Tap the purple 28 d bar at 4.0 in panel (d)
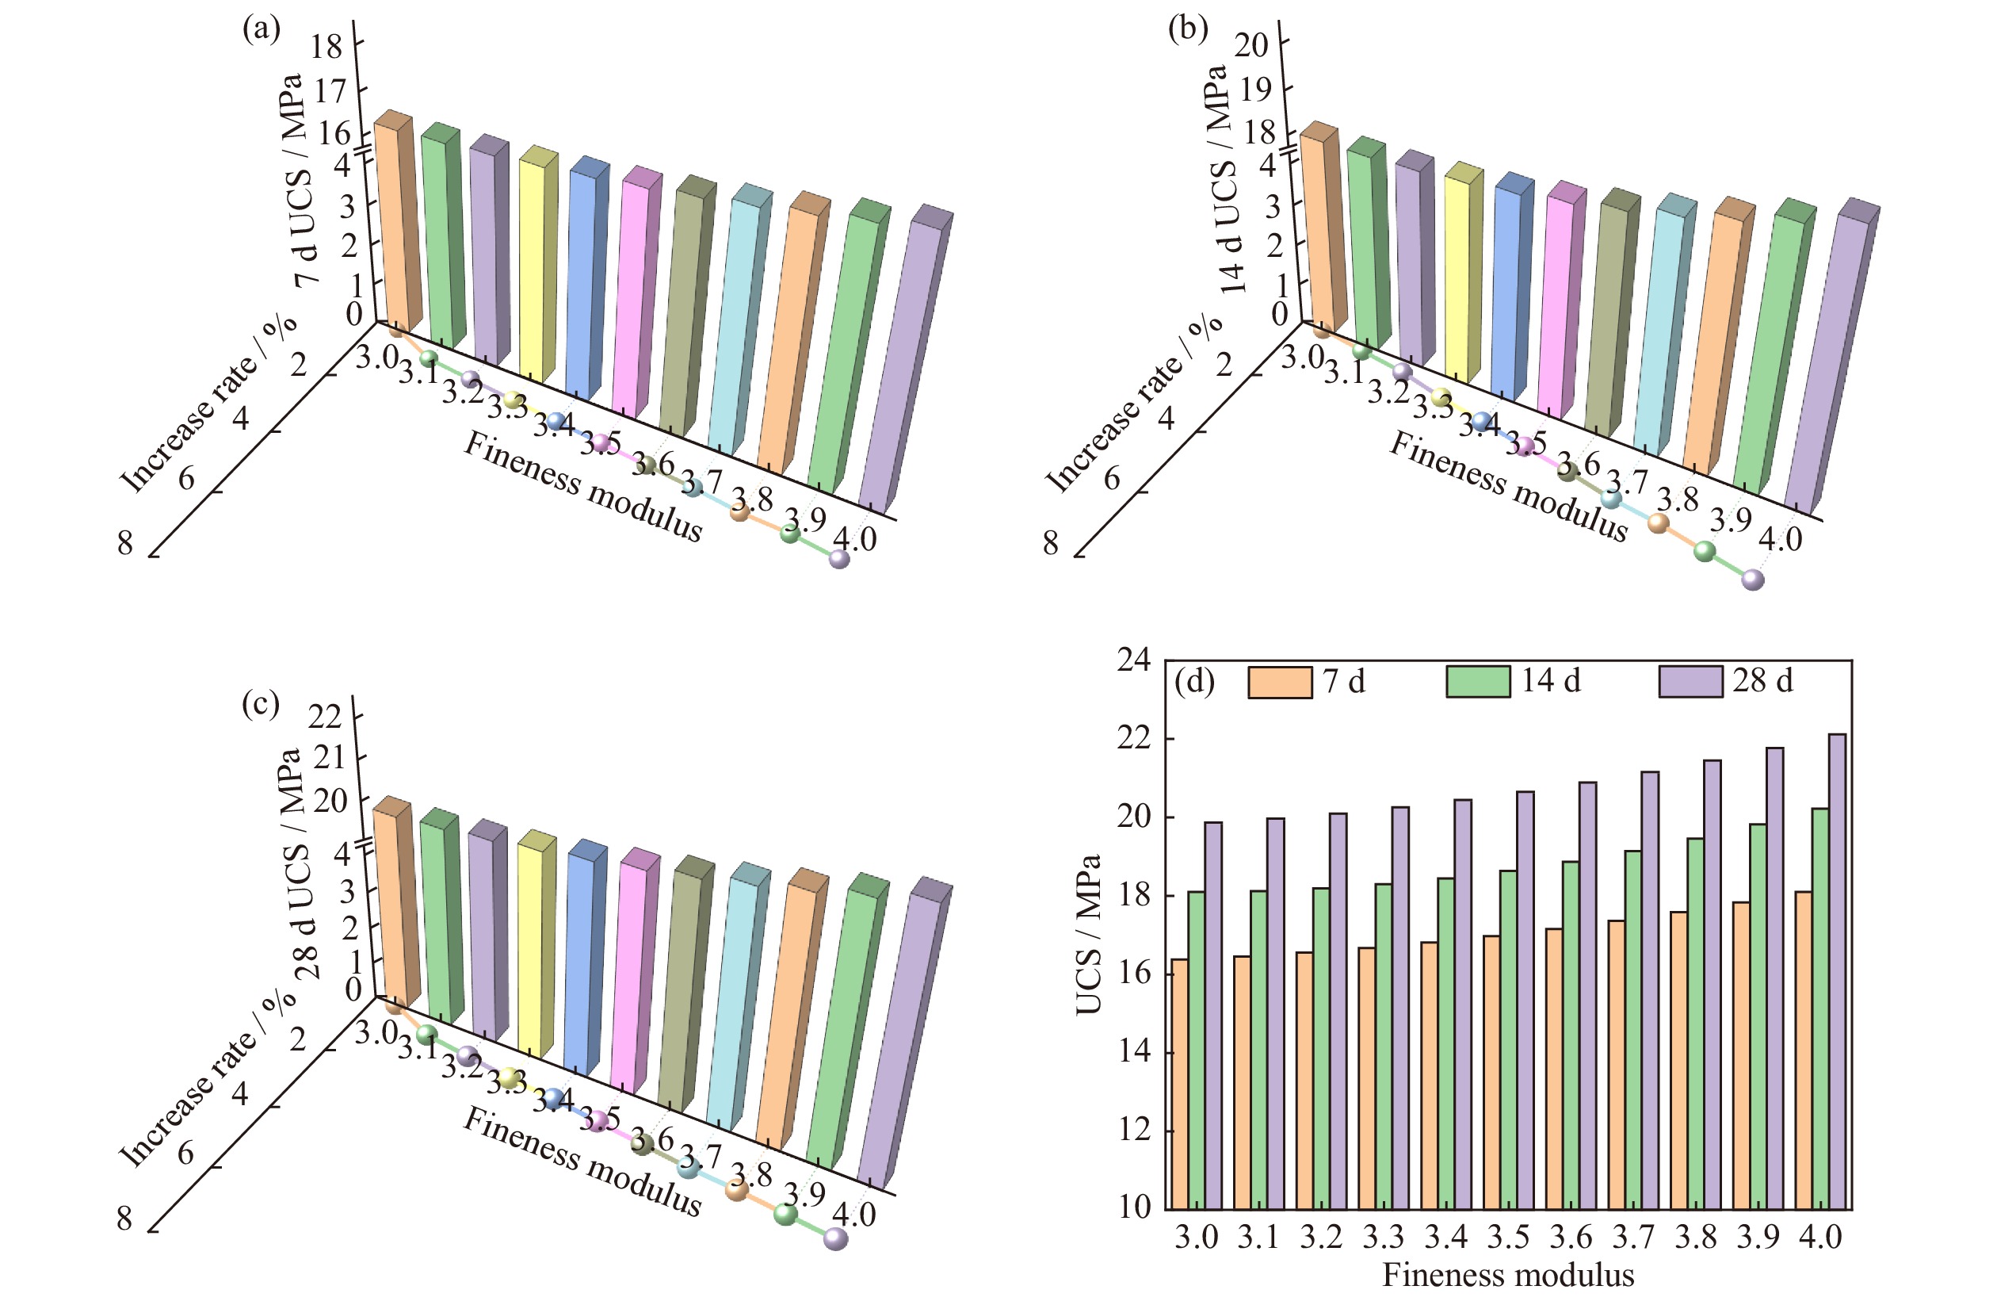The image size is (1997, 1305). click(1837, 971)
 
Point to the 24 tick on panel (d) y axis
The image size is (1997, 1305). click(1133, 660)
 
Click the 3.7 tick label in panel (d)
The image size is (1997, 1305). click(1632, 1237)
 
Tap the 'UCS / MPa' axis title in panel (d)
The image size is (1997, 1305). click(1088, 935)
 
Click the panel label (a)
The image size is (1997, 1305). click(261, 29)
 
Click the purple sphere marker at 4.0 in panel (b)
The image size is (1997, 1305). click(1753, 580)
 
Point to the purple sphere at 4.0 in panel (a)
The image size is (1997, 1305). click(839, 559)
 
